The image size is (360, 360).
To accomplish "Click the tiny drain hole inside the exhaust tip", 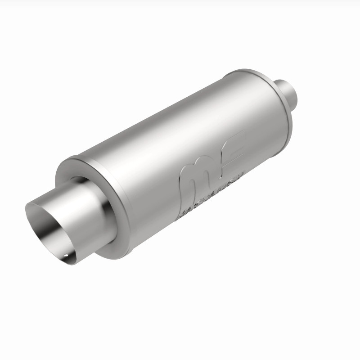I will click(x=67, y=258).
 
